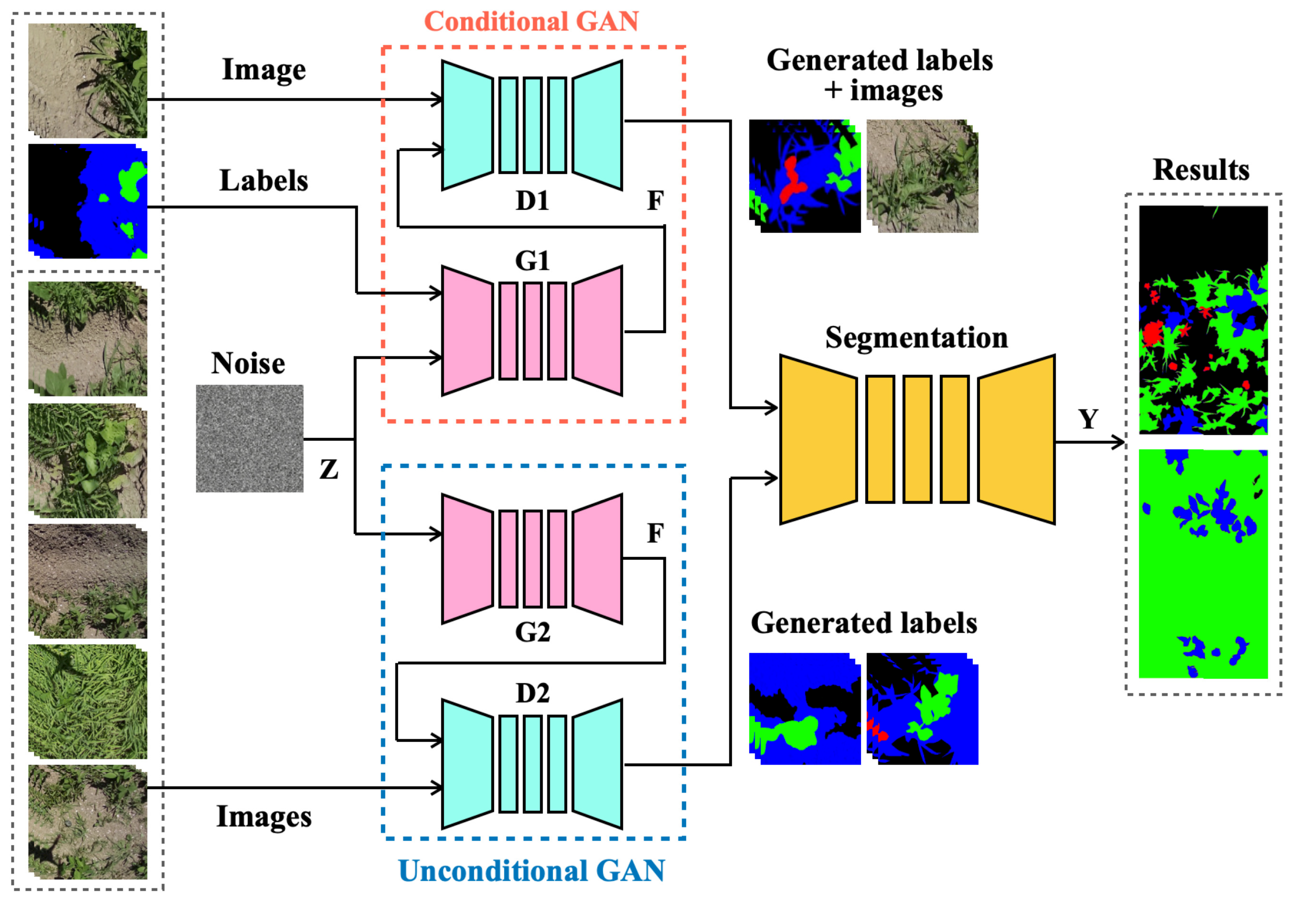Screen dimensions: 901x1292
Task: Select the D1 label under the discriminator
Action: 532,200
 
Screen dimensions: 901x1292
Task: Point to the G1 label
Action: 532,261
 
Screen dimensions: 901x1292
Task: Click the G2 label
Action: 532,632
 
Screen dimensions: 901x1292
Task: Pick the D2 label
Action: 532,693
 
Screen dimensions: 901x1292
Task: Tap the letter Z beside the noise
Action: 329,469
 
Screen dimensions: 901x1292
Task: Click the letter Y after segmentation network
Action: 1088,419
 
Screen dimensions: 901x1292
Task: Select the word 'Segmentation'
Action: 916,338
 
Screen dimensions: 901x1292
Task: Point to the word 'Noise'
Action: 248,363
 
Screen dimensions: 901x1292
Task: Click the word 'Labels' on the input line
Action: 263,181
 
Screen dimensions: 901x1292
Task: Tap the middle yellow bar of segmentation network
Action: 917,439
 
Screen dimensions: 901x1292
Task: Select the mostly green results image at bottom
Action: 1203,563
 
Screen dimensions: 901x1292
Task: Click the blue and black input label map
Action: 88,202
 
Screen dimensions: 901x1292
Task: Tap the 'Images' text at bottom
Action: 263,816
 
